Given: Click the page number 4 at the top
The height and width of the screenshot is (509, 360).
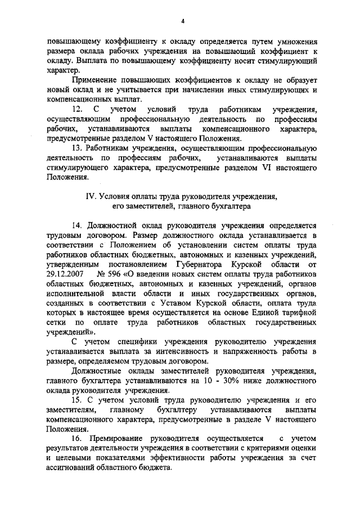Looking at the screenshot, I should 183,21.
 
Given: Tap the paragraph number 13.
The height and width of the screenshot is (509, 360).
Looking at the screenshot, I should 79,148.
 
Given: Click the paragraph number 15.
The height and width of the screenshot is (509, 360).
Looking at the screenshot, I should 79,400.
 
